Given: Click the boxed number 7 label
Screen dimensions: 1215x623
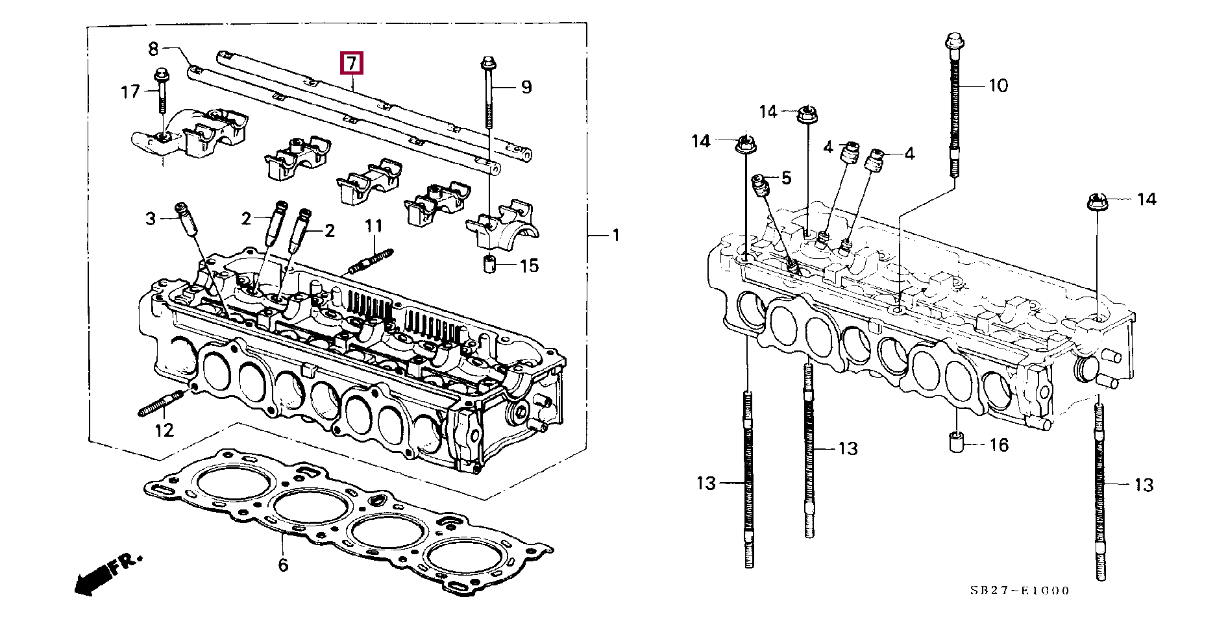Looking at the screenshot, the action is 351,63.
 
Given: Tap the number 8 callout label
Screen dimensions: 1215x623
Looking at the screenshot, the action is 153,48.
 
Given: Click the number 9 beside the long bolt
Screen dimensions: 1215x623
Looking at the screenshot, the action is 526,87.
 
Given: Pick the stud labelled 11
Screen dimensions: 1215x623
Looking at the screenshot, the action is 372,260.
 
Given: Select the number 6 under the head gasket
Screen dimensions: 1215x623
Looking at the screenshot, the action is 283,565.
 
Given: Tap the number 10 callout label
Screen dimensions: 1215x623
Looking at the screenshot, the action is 998,85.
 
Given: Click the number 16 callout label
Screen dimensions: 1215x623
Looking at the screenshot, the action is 999,445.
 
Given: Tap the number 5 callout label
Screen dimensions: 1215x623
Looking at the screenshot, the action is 786,177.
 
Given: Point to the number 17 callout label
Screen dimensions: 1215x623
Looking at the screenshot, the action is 130,91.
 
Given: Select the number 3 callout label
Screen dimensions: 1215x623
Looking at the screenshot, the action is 151,219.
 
